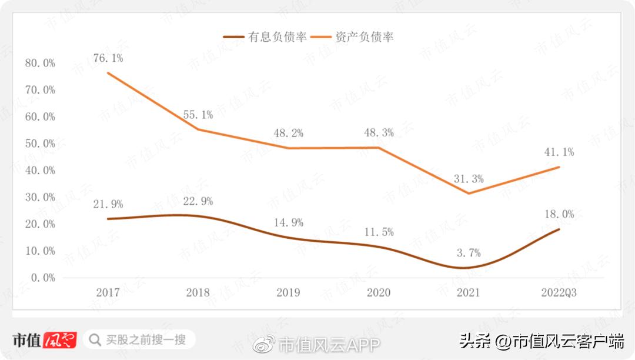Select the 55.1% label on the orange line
[x=198, y=115]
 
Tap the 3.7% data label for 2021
[x=468, y=253]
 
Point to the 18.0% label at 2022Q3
[x=559, y=214]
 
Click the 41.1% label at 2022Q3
[x=559, y=152]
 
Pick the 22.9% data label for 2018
[x=198, y=201]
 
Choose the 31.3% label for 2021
[x=468, y=179]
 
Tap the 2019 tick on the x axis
[x=288, y=292]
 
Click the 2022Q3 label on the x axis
[x=559, y=292]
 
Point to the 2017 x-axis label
[x=108, y=292]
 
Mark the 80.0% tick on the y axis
[x=40, y=63]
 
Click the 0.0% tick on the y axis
[x=42, y=278]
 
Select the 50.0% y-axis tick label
[x=40, y=144]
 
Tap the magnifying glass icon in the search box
[x=94, y=339]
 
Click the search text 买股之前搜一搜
[x=146, y=339]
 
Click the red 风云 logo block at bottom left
[x=59, y=340]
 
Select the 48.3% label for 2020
[x=379, y=133]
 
